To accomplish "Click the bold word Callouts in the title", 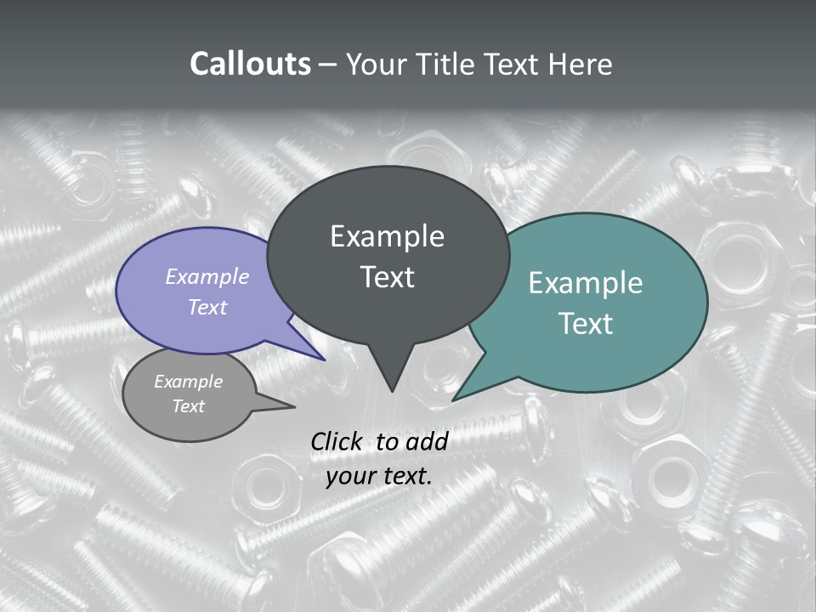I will pos(250,64).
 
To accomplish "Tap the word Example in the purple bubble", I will pos(207,276).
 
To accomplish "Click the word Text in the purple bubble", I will pos(207,307).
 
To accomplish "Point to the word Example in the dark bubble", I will pos(387,236).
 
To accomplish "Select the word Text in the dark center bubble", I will pos(388,277).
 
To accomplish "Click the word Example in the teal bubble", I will pos(586,283).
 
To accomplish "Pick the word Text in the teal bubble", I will pos(586,324).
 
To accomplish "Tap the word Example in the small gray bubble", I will pos(189,382).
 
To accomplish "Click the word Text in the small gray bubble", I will pos(189,406).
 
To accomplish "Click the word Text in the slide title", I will pos(513,64).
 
